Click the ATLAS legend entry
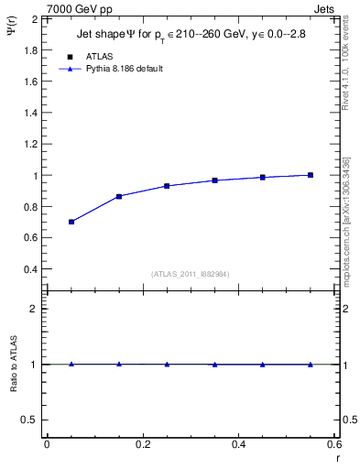(x=101, y=56)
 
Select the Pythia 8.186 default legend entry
(x=125, y=69)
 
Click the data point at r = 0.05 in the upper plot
(x=71, y=222)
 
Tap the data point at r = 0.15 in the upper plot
(x=119, y=196)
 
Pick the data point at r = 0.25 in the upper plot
(x=167, y=186)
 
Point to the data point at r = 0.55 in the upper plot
(x=311, y=175)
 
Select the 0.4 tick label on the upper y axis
(x=29, y=269)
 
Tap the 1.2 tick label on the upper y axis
(x=29, y=144)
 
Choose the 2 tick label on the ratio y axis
(x=33, y=309)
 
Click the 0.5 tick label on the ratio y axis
(x=29, y=420)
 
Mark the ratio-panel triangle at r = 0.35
(x=214, y=365)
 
